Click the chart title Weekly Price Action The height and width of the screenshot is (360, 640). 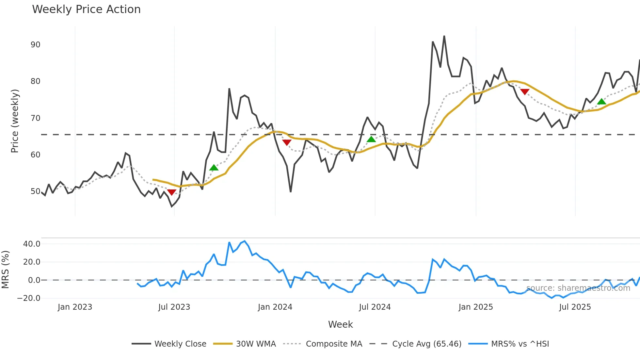click(x=86, y=9)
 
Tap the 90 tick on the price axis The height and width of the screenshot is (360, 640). click(x=35, y=45)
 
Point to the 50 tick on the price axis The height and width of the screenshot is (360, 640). click(x=35, y=191)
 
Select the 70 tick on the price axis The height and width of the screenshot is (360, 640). click(x=35, y=118)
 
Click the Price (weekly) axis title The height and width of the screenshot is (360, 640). click(x=15, y=121)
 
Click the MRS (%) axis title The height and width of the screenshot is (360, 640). click(x=5, y=270)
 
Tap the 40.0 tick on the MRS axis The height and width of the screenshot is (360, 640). click(x=32, y=244)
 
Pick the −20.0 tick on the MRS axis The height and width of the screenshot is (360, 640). click(x=29, y=298)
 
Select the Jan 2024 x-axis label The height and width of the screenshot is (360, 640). click(x=275, y=307)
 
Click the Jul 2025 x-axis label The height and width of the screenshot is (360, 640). click(x=575, y=307)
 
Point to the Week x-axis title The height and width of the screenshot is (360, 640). click(x=340, y=324)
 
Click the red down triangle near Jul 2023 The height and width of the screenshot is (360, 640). click(x=172, y=192)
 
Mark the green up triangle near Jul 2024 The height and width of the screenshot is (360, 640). click(x=371, y=139)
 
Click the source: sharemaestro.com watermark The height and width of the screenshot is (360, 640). click(x=578, y=288)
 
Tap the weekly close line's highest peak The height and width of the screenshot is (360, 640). click(x=444, y=36)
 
